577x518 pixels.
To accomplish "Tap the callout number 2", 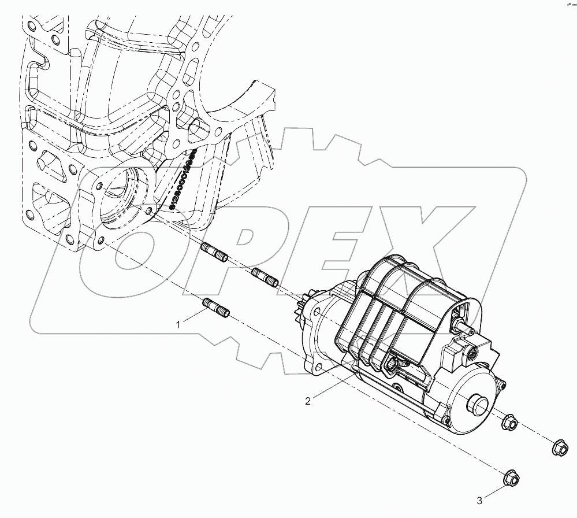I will pyautogui.click(x=308, y=401).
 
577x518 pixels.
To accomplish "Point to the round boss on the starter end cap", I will pyautogui.click(x=477, y=403).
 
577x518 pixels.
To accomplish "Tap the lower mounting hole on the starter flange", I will pyautogui.click(x=317, y=366).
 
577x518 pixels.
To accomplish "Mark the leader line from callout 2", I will pyautogui.click(x=331, y=387).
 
